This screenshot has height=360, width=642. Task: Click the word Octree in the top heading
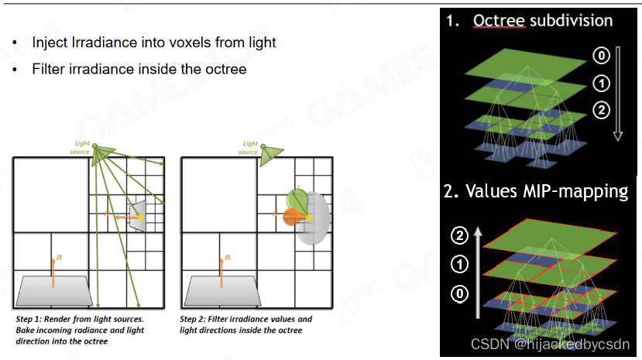coord(499,20)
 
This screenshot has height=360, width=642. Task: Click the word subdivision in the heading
coord(572,20)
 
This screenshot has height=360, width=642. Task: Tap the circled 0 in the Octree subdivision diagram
coord(602,55)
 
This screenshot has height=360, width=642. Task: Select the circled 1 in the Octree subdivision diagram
coord(602,84)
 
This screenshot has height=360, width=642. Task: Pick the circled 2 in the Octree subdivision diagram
coord(602,110)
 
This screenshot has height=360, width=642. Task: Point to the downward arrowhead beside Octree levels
coord(618,136)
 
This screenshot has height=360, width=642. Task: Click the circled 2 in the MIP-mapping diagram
coord(459,236)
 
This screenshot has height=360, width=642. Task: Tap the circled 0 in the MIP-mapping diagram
coord(459,293)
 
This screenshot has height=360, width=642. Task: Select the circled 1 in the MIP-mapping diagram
coord(459,264)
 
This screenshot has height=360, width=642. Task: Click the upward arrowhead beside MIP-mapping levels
coord(477,232)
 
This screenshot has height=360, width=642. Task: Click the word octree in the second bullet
coord(225,69)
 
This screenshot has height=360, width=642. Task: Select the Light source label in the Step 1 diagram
coord(81,147)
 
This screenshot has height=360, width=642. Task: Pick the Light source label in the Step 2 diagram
coord(249,148)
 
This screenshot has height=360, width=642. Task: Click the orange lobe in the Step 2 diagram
coord(294,217)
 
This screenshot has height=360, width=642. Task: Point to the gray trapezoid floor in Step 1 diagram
coord(53,291)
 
